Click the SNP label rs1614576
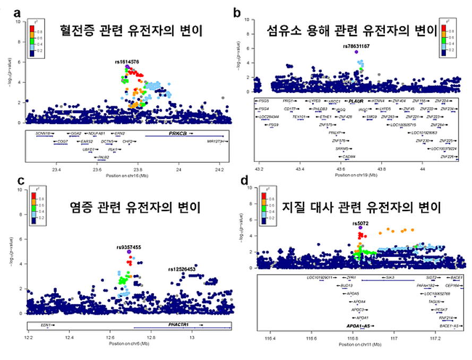coord(127,62)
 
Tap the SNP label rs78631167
coord(356,46)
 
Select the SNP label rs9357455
coord(128,247)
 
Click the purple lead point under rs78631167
coord(356,52)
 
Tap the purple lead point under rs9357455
coord(129,253)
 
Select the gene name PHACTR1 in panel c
coord(178,324)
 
